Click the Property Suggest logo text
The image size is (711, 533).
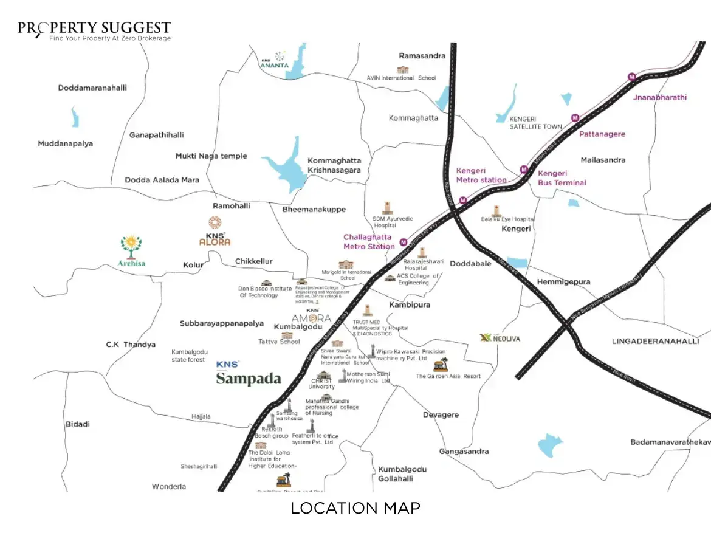94,29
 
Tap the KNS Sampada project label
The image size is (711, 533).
249,375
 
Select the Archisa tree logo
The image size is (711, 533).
131,246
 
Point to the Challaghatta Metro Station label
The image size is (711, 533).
368,242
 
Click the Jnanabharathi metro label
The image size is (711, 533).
659,97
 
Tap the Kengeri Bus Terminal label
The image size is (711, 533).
562,178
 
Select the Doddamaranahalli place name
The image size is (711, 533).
92,88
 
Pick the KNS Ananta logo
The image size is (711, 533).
276,60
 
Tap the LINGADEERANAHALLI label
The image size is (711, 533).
655,342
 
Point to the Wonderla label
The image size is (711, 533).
169,487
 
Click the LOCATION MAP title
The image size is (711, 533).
355,508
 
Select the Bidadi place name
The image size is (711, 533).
77,424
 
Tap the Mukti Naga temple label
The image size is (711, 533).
211,156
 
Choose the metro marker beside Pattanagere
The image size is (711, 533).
575,118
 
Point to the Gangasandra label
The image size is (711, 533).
464,452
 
